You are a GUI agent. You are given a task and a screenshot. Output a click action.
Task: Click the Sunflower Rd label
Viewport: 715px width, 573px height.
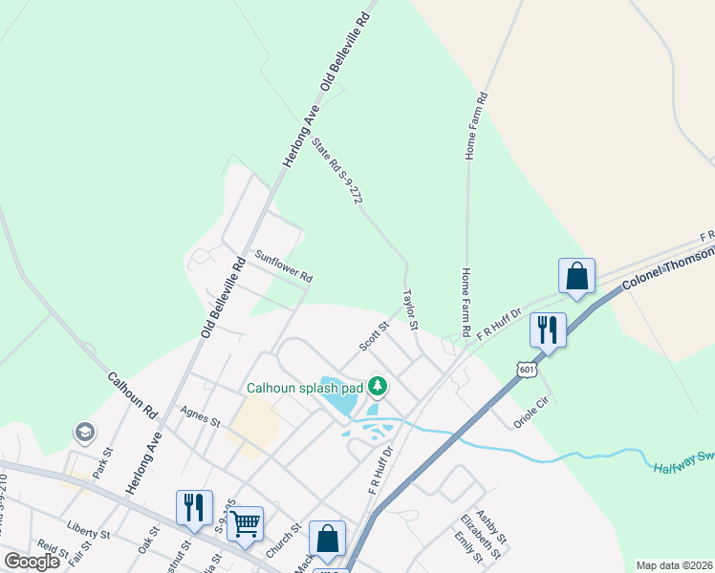pyautogui.click(x=283, y=265)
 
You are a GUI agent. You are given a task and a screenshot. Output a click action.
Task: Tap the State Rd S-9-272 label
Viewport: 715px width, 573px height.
pyautogui.click(x=338, y=172)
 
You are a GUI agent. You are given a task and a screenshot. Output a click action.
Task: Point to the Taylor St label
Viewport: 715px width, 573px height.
pyautogui.click(x=411, y=310)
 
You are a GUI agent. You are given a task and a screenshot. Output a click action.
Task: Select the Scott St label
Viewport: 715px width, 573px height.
pyautogui.click(x=374, y=335)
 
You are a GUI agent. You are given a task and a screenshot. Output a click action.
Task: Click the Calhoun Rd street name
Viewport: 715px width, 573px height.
pyautogui.click(x=132, y=397)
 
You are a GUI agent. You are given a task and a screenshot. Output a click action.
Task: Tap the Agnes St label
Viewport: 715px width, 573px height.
pyautogui.click(x=200, y=416)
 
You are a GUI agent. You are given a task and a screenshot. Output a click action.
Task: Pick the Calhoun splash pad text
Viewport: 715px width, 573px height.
pyautogui.click(x=305, y=388)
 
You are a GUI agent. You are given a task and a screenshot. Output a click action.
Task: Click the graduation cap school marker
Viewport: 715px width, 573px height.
pyautogui.click(x=84, y=434)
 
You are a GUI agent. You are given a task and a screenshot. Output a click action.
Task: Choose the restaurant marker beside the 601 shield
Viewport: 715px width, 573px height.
pyautogui.click(x=548, y=329)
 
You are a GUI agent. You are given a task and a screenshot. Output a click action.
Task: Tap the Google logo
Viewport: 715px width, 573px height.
pyautogui.click(x=32, y=562)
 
